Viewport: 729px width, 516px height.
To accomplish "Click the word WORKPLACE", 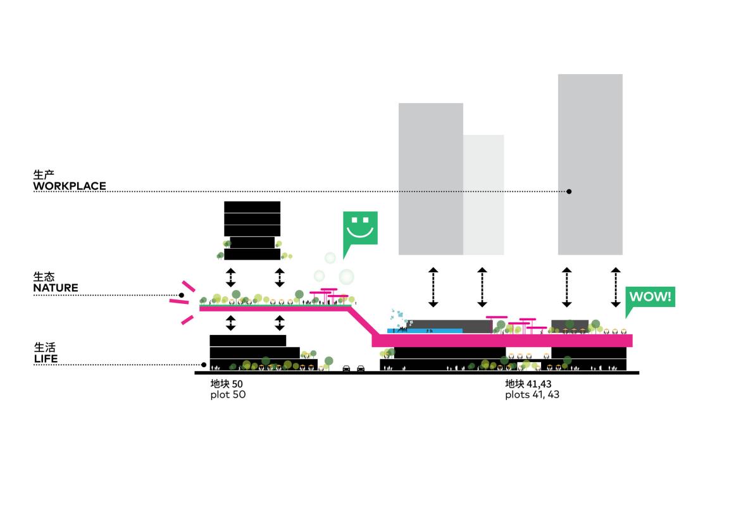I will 70,186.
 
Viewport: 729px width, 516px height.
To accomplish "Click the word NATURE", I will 56,288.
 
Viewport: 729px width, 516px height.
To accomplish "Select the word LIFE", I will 46,359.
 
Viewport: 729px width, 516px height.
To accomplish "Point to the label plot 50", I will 228,394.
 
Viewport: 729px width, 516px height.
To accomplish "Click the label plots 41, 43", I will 532,394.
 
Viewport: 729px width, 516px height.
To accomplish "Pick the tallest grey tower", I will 590,164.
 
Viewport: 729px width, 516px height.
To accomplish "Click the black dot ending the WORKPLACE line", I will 569,191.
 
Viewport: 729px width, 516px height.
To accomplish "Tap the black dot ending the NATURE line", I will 182,295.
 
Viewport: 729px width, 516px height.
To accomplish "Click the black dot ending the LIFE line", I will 204,365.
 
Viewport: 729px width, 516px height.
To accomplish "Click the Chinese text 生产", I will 44,173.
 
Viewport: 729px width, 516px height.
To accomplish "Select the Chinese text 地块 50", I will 227,384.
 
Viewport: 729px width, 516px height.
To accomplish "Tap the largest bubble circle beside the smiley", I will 347,277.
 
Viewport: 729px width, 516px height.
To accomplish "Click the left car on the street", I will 347,368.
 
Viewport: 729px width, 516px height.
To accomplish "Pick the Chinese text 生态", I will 44,277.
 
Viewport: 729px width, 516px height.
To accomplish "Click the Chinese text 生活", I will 44,348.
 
